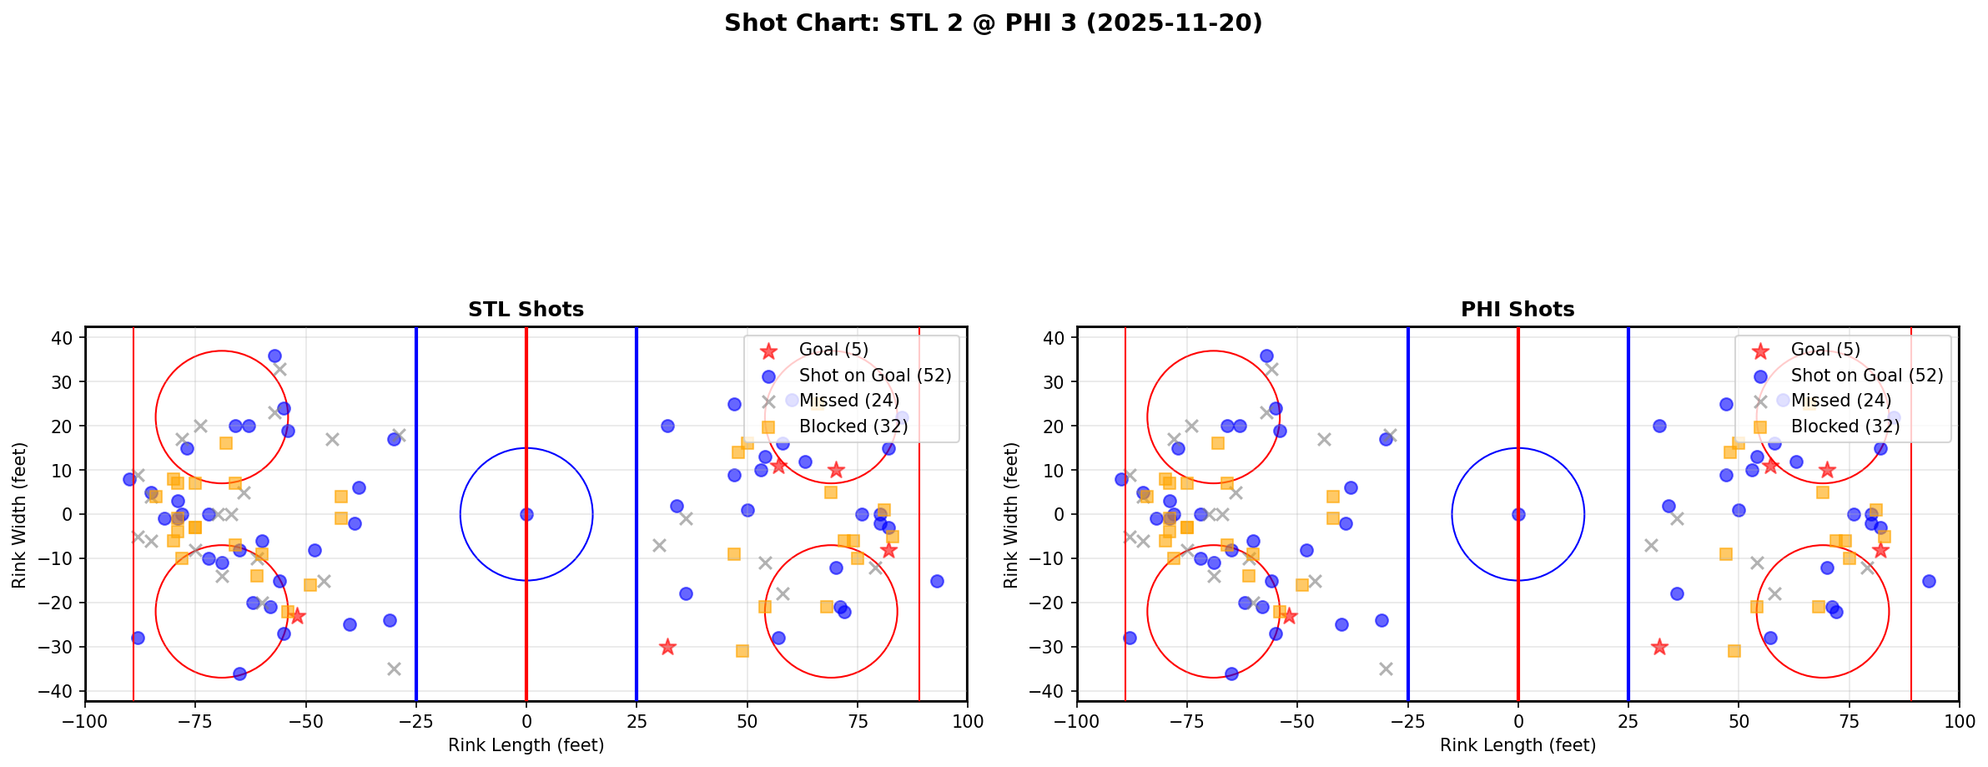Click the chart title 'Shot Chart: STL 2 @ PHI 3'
[993, 23]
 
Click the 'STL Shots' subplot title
[526, 310]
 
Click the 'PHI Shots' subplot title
[1517, 310]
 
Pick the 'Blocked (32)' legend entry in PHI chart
[1845, 426]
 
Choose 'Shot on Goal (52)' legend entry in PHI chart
[1866, 376]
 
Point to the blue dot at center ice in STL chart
[526, 514]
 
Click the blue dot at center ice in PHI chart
[1518, 514]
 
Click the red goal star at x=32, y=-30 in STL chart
[667, 647]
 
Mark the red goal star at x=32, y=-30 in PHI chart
[1659, 647]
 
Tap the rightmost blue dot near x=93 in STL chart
[936, 581]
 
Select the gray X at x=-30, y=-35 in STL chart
[394, 669]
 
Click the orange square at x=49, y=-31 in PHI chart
[1734, 651]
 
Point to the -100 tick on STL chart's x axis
[85, 720]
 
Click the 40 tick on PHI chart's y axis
[1055, 337]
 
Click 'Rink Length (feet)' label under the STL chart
[526, 745]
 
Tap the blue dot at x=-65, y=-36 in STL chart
[239, 674]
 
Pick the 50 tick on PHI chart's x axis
[1739, 720]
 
